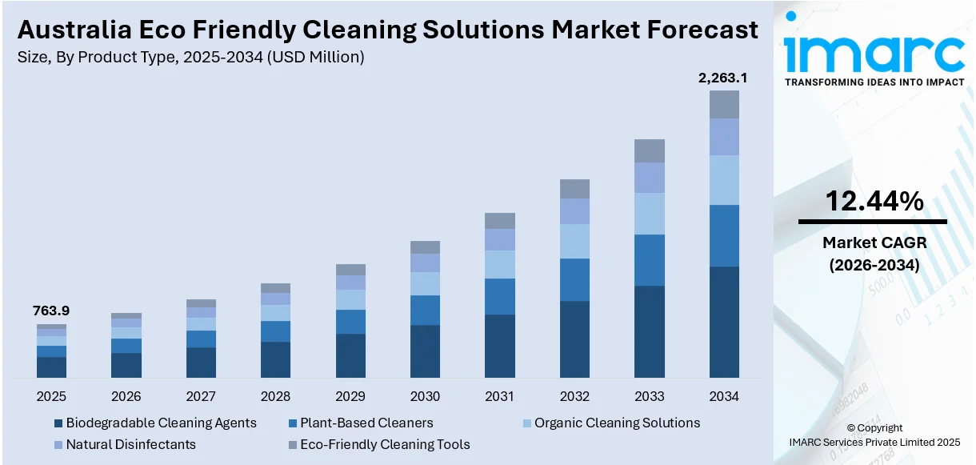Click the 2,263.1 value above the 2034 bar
[x=723, y=78]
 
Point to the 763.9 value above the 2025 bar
[x=50, y=311]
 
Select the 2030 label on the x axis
[x=425, y=396]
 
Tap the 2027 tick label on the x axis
[x=201, y=396]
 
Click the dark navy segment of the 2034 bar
[x=724, y=322]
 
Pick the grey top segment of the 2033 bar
[x=649, y=150]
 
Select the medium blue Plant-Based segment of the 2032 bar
[x=574, y=279]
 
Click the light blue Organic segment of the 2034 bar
[x=724, y=180]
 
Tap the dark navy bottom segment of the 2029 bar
[x=350, y=355]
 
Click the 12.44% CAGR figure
[x=874, y=201]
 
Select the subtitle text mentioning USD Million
[x=190, y=57]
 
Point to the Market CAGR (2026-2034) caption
[x=874, y=255]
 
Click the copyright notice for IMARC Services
[x=874, y=435]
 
